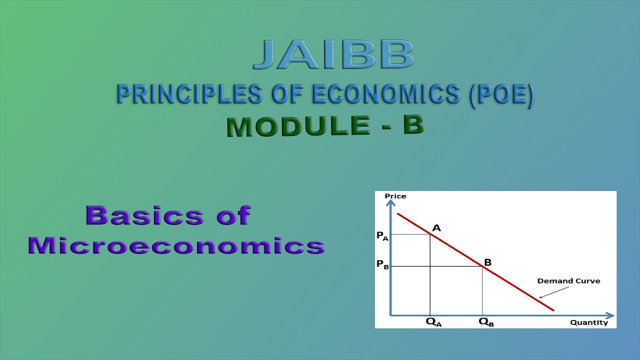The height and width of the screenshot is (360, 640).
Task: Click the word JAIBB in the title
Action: pos(333,55)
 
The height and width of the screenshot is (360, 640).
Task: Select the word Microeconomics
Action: pos(176,245)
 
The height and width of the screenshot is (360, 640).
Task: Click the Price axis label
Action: pos(395,196)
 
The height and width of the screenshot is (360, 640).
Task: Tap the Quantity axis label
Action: pos(588,322)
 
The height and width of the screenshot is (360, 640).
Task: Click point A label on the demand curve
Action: pos(436,228)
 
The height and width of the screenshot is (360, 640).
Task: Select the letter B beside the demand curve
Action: pos(487,262)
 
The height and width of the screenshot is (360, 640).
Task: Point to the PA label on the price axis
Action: pos(382,235)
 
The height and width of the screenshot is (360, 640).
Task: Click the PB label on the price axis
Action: pos(382,264)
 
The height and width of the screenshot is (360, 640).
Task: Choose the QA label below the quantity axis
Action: pos(433,322)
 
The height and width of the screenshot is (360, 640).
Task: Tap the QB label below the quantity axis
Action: pos(486,322)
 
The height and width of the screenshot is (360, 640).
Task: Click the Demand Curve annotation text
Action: pos(568,281)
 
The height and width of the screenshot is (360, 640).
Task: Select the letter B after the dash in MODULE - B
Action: pos(413,125)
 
